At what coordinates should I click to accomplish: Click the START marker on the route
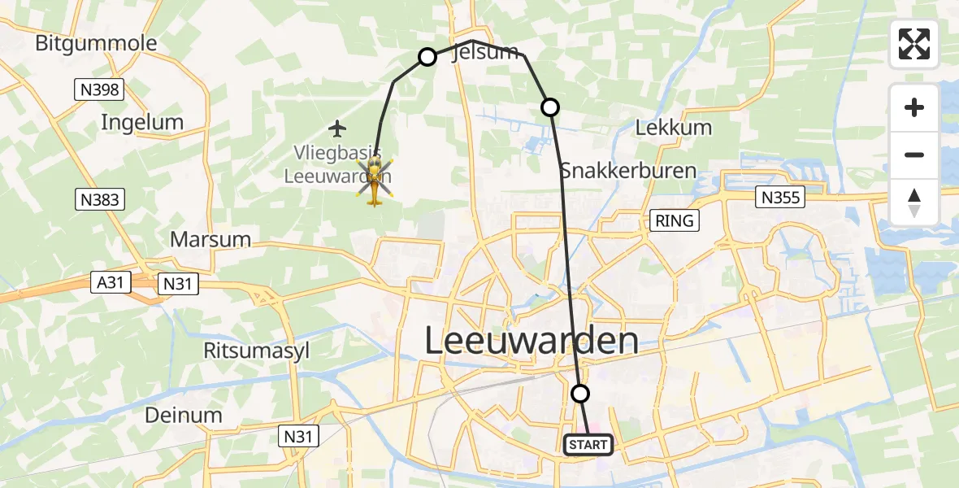[x=588, y=445]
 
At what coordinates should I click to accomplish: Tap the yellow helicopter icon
[x=374, y=180]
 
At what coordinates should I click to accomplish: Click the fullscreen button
[x=914, y=44]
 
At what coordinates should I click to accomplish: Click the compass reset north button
[x=914, y=203]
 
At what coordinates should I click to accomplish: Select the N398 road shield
[x=99, y=89]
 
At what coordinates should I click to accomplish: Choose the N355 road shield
[x=779, y=196]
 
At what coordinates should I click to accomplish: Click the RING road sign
[x=674, y=220]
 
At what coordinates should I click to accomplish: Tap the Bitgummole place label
[x=96, y=43]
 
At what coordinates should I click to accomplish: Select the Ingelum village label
[x=142, y=123]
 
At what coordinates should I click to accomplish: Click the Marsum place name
[x=210, y=240]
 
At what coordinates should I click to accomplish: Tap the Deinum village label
[x=183, y=415]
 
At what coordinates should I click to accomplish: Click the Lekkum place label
[x=673, y=128]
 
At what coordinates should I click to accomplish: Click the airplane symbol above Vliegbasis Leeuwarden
[x=337, y=128]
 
